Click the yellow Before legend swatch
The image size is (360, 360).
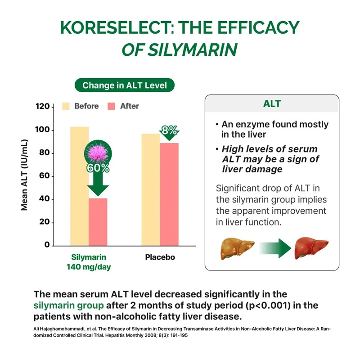(x=66, y=106)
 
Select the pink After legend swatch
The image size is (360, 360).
(x=112, y=106)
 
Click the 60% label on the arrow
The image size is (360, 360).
(x=98, y=168)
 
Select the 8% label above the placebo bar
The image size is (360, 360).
(x=169, y=131)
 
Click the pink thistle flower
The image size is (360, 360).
(x=98, y=151)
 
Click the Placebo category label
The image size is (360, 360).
(x=160, y=257)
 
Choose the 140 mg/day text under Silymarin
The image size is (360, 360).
(x=89, y=267)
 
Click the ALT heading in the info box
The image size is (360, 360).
(x=272, y=103)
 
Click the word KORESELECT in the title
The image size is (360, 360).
(x=116, y=28)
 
